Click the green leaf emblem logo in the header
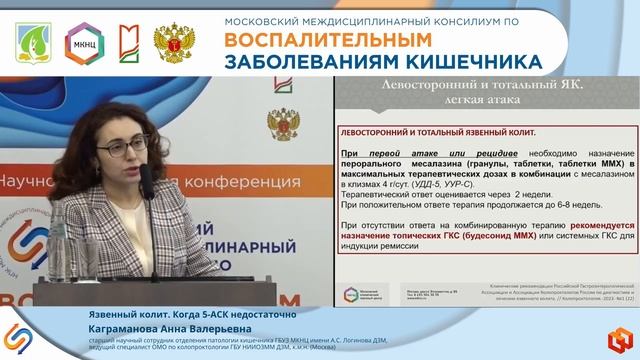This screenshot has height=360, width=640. (30, 43)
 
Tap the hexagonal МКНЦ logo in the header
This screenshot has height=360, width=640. (79, 43)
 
